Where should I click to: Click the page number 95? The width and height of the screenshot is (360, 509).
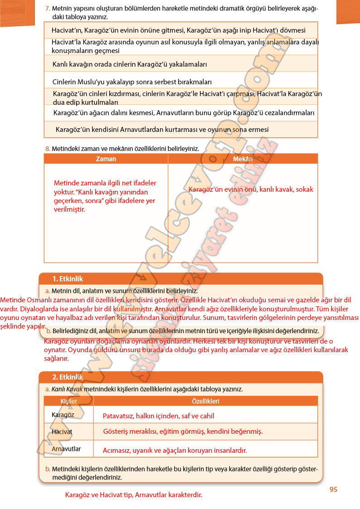pos(333,489)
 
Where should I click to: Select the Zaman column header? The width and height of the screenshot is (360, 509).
pos(106,159)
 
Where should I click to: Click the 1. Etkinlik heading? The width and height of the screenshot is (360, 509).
pos(68,279)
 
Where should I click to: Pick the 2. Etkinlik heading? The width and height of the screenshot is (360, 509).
pos(68,377)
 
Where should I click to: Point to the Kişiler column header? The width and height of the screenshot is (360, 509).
pos(69,401)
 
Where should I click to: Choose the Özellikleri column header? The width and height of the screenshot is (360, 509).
pos(205,401)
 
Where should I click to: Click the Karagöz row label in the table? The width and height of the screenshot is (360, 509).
pos(63,415)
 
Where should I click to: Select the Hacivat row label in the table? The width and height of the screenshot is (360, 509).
pos(62,431)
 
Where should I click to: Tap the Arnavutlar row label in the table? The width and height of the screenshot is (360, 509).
pos(66,449)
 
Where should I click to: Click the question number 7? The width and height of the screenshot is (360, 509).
pos(48,9)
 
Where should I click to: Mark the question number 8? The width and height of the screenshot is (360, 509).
pos(47,148)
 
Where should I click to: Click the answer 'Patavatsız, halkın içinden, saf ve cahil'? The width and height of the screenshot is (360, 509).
pos(159,416)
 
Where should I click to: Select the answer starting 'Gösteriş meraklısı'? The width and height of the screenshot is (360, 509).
pos(183,431)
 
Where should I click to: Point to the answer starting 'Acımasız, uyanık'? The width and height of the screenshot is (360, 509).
pos(175,451)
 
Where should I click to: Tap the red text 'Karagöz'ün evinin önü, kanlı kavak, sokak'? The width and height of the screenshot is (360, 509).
pos(251,189)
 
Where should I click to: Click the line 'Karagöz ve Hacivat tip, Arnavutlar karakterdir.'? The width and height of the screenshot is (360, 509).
pos(134,495)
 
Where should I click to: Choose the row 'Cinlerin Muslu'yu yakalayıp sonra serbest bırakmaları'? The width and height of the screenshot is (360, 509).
pos(132,82)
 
